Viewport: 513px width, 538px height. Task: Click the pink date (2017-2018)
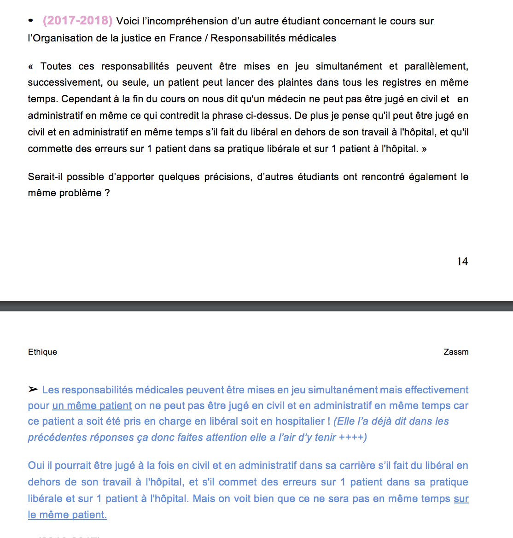pos(77,21)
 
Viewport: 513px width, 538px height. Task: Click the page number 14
pos(462,262)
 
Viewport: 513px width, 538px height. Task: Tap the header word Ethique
pos(42,352)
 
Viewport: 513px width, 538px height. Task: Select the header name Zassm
pos(456,352)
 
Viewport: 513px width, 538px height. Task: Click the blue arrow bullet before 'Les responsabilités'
pos(33,390)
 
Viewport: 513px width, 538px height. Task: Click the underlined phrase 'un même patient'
pos(92,406)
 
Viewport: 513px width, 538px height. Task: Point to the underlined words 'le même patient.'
pos(67,515)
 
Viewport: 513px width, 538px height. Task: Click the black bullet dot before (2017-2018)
pos(31,21)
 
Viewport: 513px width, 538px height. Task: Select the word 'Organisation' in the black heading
pos(63,38)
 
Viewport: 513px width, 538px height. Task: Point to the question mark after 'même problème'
pos(107,193)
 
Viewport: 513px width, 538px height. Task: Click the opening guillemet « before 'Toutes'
pos(30,66)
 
